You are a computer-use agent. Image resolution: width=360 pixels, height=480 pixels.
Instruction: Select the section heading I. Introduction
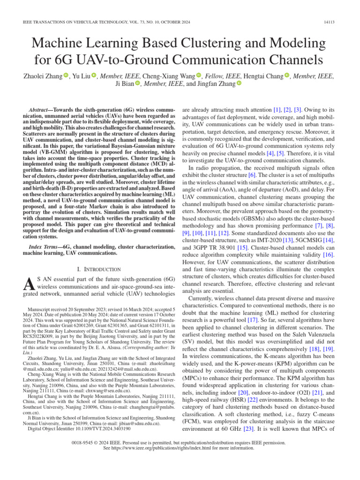98,270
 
